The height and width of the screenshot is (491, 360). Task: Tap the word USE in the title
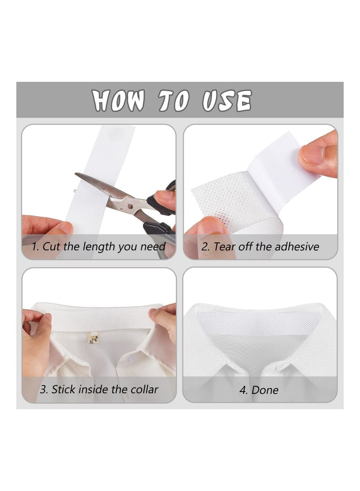(x=226, y=100)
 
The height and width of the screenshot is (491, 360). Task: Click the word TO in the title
(x=174, y=100)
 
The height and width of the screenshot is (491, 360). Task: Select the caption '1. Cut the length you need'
(x=99, y=247)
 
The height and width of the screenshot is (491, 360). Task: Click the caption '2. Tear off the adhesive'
(x=260, y=247)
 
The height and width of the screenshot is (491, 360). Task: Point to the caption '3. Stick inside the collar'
(x=99, y=389)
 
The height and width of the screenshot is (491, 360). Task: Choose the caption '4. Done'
(x=259, y=390)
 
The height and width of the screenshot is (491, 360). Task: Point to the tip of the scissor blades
(x=77, y=175)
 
